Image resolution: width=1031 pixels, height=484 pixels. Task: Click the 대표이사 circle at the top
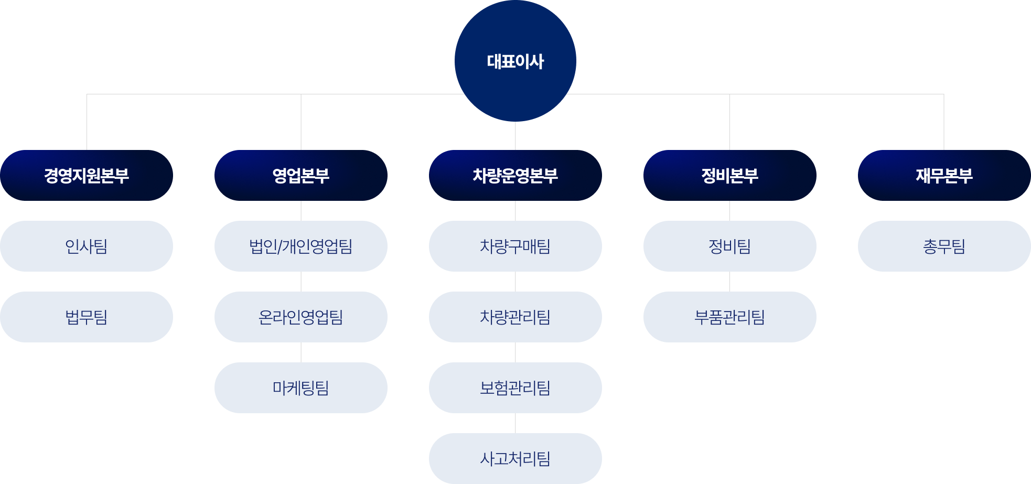click(515, 61)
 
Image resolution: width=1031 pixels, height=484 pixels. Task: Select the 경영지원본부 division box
click(87, 175)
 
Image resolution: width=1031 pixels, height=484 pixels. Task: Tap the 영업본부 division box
click(301, 175)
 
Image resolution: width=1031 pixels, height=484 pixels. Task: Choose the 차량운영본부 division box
click(515, 175)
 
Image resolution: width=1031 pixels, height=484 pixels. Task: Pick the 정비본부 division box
click(729, 175)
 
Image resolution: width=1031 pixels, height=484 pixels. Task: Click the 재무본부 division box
click(944, 175)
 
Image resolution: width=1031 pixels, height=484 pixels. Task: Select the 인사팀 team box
click(87, 246)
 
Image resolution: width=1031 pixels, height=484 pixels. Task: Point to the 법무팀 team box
click(87, 317)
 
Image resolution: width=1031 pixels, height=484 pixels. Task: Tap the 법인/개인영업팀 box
click(301, 246)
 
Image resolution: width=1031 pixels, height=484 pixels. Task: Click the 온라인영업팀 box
click(301, 317)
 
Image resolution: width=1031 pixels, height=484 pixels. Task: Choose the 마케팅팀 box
click(301, 388)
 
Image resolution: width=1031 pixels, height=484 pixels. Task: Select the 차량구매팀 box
click(515, 246)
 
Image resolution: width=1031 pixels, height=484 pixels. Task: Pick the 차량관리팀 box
click(515, 317)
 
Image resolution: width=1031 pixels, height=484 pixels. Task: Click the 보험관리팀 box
click(515, 388)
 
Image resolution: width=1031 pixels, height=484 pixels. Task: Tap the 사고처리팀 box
click(515, 458)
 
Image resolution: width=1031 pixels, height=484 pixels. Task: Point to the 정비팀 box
click(729, 246)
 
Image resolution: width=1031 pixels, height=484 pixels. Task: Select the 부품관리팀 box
click(729, 317)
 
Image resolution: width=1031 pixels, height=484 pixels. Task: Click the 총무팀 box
click(944, 246)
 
